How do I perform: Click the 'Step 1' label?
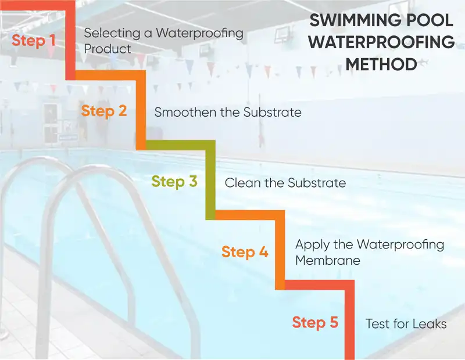click(x=34, y=40)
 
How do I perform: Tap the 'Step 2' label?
click(x=104, y=111)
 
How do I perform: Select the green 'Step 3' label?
click(x=174, y=181)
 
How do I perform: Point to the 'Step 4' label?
click(x=245, y=252)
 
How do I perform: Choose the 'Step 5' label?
click(x=315, y=322)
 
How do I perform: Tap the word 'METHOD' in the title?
click(x=381, y=64)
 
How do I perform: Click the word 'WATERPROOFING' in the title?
click(x=381, y=42)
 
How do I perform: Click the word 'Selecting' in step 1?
click(x=112, y=33)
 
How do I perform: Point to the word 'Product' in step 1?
click(x=108, y=49)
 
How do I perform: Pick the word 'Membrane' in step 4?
click(x=328, y=261)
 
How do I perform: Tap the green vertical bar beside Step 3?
click(x=210, y=180)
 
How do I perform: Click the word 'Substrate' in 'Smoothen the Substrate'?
click(x=272, y=112)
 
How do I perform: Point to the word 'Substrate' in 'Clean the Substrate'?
click(x=317, y=183)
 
